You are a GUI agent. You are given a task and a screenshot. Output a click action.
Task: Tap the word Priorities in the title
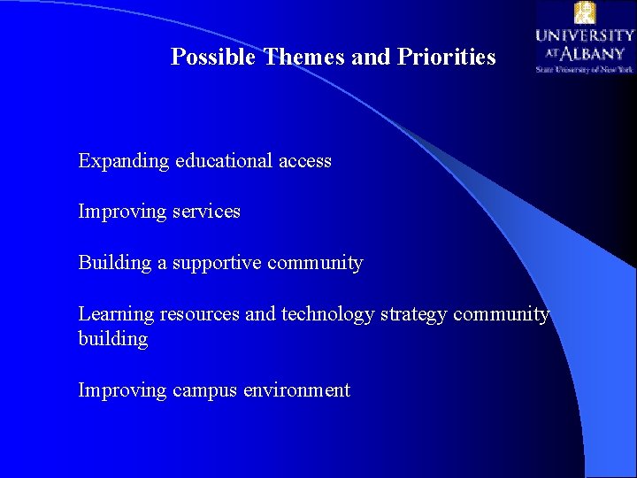tap(447, 58)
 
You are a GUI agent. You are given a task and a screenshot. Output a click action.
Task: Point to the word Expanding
tap(123, 162)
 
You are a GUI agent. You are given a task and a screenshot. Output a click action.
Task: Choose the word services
tap(207, 212)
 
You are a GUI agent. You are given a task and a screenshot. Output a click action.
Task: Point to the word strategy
tap(419, 315)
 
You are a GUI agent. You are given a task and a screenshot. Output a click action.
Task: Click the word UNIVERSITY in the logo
tap(584, 35)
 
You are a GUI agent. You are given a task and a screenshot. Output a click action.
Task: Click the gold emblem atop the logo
tap(584, 12)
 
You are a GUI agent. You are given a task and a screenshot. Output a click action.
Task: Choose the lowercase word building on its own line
tap(112, 339)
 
